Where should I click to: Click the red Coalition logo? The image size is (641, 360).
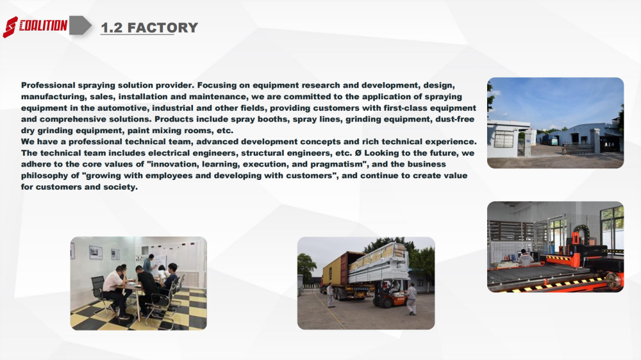coord(35,26)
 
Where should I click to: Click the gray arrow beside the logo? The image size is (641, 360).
coord(80,26)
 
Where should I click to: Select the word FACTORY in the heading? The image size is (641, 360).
coord(163,28)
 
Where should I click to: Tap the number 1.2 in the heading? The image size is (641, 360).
coord(112,28)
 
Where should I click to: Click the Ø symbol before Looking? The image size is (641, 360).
coord(358,153)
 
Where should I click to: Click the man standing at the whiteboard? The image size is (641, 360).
coord(149,264)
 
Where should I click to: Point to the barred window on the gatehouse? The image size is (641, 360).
coord(503,139)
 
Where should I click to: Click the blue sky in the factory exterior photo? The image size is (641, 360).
coord(556,100)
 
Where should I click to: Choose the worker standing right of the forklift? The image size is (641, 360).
coord(412,299)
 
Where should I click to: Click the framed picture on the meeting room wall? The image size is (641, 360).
coord(96,252)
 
